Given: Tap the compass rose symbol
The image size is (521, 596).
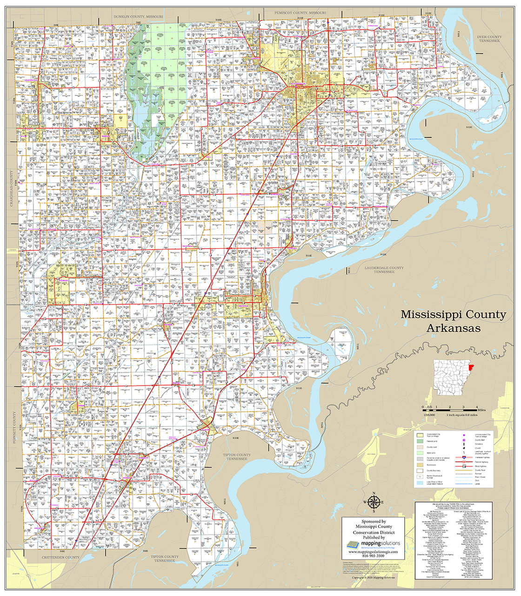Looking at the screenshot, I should [x=373, y=502].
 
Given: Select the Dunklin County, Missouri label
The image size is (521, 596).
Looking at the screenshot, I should [x=139, y=17].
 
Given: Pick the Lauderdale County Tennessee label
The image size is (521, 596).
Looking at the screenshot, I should [x=384, y=270].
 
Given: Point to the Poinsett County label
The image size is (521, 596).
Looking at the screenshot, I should [x=14, y=428].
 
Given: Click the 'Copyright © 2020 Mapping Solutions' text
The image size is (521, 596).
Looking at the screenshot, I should [x=373, y=577].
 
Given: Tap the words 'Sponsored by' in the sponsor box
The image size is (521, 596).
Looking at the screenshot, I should [x=373, y=521].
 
